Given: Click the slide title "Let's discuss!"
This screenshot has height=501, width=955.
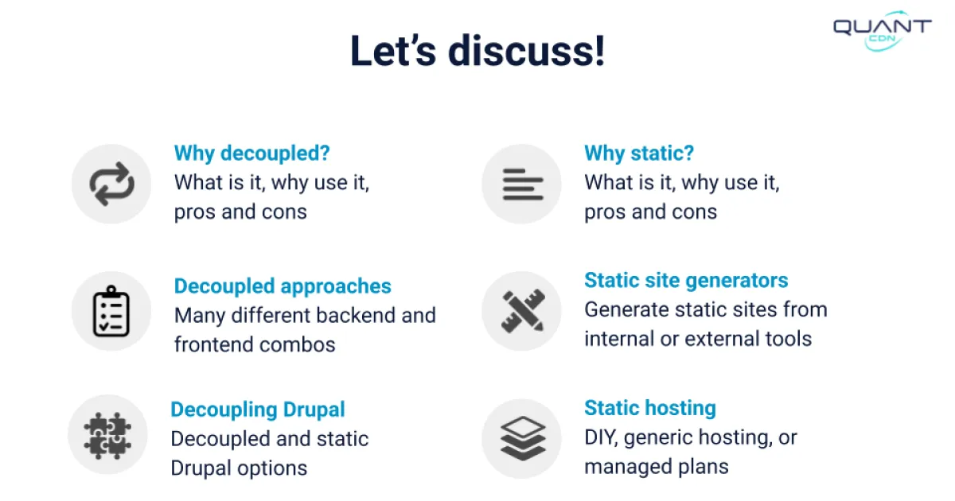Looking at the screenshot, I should (477, 51).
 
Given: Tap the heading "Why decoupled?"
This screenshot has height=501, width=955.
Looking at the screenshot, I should (251, 153).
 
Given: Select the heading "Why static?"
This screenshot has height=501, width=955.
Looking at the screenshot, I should (639, 153).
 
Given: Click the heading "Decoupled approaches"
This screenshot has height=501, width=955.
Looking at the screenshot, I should (283, 286).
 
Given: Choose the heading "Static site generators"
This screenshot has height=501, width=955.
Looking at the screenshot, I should (686, 281).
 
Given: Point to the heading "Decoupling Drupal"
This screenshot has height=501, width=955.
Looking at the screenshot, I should (258, 410).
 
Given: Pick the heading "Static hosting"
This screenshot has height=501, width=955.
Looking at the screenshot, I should (650, 409).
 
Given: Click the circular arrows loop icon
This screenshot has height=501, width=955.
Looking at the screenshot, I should (111, 184).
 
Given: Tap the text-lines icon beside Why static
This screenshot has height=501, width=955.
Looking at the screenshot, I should (522, 184).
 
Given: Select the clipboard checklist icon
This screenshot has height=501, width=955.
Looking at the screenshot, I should (111, 311).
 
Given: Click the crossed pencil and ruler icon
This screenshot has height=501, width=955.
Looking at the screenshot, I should (522, 311).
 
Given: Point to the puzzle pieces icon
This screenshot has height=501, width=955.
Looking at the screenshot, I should (107, 435).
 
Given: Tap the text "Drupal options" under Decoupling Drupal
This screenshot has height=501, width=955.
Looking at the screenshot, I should (239, 468).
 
